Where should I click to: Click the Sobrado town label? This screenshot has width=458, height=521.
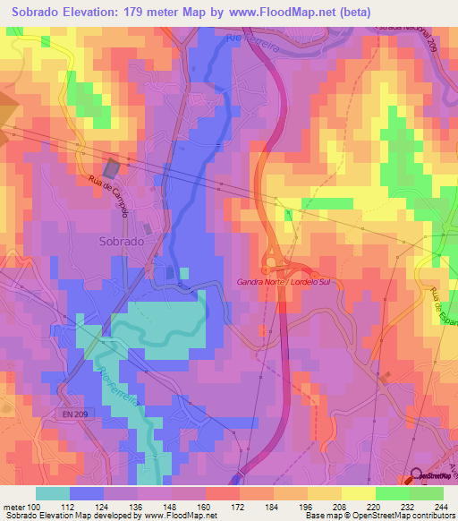click(120, 242)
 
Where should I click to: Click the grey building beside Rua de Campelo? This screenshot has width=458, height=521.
click(112, 167)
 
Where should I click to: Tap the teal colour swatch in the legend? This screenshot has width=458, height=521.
click(53, 493)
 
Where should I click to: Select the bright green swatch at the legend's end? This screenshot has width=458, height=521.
click(427, 493)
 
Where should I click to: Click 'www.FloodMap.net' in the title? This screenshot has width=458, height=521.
click(274, 11)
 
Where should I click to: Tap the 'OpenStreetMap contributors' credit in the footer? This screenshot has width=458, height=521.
click(394, 516)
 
